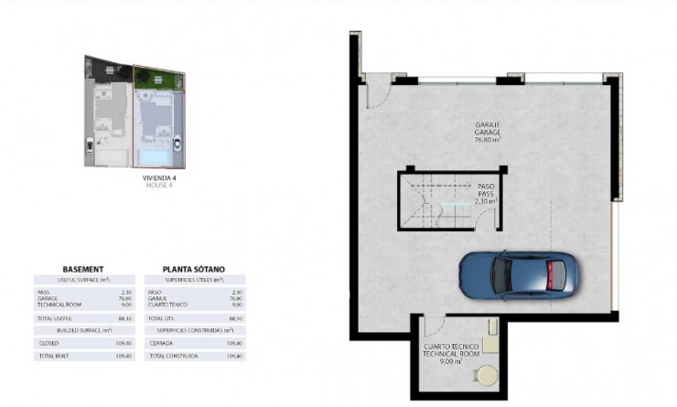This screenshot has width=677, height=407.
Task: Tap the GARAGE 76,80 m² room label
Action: pyautogui.click(x=487, y=133)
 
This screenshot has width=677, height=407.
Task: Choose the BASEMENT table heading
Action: pyautogui.click(x=83, y=269)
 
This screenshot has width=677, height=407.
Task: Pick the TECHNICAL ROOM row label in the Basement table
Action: pyautogui.click(x=56, y=304)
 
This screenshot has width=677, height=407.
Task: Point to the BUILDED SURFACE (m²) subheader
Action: pyautogui.click(x=82, y=329)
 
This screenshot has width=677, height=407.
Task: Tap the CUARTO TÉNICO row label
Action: pyautogui.click(x=168, y=304)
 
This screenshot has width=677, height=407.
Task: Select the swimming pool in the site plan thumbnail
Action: pyautogui.click(x=151, y=159)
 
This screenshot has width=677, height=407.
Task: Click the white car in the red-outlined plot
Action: pyautogui.click(x=176, y=144)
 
